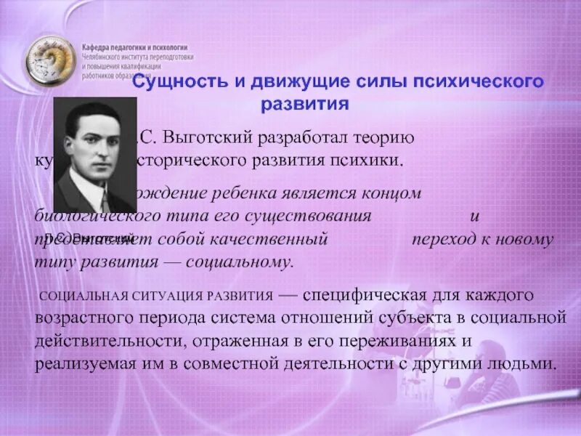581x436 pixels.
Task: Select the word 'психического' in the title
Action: [479, 81]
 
